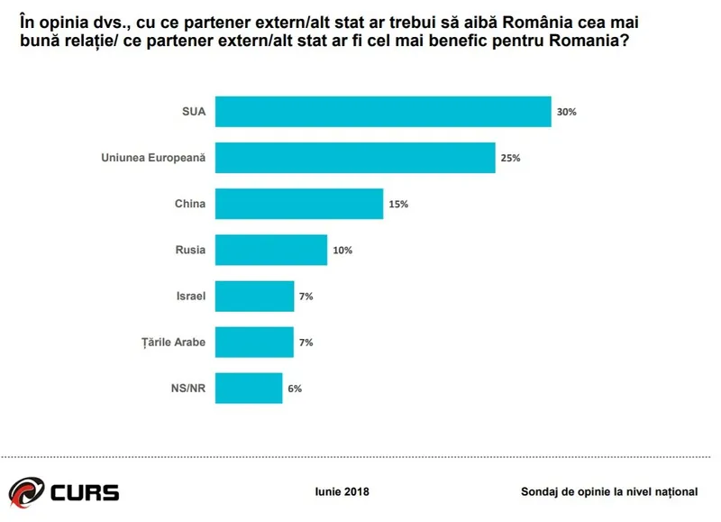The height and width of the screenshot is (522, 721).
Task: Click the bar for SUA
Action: (x=383, y=112)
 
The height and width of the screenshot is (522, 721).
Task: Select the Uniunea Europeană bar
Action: (x=355, y=158)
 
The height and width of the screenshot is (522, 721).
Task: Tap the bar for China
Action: (x=299, y=204)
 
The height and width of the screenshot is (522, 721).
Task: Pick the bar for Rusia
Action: (x=271, y=250)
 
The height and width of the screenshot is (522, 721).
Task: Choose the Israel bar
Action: (x=255, y=296)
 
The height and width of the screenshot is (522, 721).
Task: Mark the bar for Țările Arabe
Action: (x=255, y=342)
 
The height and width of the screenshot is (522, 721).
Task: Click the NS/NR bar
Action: (x=249, y=388)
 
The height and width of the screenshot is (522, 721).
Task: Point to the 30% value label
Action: (x=566, y=113)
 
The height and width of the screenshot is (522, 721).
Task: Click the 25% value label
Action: (x=510, y=159)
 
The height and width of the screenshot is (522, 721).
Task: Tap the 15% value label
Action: (x=398, y=205)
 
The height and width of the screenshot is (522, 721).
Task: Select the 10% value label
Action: (x=342, y=251)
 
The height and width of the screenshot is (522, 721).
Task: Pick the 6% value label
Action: (x=295, y=389)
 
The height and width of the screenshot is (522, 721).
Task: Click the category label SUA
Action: (x=194, y=113)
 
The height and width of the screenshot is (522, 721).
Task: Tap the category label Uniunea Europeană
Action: (x=153, y=158)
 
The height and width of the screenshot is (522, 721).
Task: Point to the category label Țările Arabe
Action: (x=174, y=342)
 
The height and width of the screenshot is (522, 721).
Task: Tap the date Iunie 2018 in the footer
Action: (x=342, y=491)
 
